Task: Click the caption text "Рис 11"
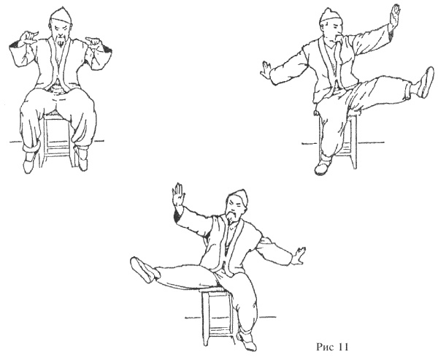coord(332,347)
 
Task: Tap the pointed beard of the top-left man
coord(60,42)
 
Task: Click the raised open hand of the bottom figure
coord(178,194)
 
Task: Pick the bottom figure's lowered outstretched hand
coord(298,256)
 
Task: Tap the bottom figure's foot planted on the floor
coord(247,342)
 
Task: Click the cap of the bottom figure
coord(239,198)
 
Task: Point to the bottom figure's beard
coord(231,217)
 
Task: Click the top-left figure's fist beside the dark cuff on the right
coord(93,42)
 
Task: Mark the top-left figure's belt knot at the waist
coord(57,88)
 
